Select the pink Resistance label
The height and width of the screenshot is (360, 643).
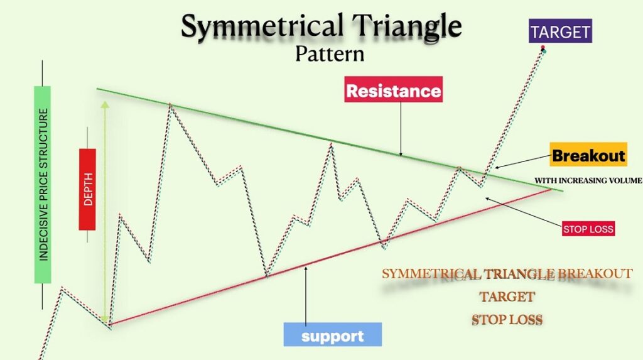pos(394,91)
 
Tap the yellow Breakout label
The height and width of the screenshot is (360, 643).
pos(588,156)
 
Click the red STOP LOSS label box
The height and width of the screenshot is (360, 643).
pos(588,229)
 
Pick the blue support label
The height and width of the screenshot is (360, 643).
pos(332,335)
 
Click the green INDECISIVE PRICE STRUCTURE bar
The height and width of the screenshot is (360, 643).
pos(43,185)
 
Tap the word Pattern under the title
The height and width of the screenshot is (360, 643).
pos(330,54)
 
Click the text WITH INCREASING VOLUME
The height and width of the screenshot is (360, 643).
pos(588,180)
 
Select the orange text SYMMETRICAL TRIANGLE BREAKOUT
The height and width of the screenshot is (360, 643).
pos(507,274)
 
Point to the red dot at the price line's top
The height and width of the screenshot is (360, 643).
pos(543,48)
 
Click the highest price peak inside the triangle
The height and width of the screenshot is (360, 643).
pos(170,106)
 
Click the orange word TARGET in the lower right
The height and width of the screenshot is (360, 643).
pos(507,297)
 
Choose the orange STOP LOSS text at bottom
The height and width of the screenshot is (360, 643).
pos(507,320)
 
